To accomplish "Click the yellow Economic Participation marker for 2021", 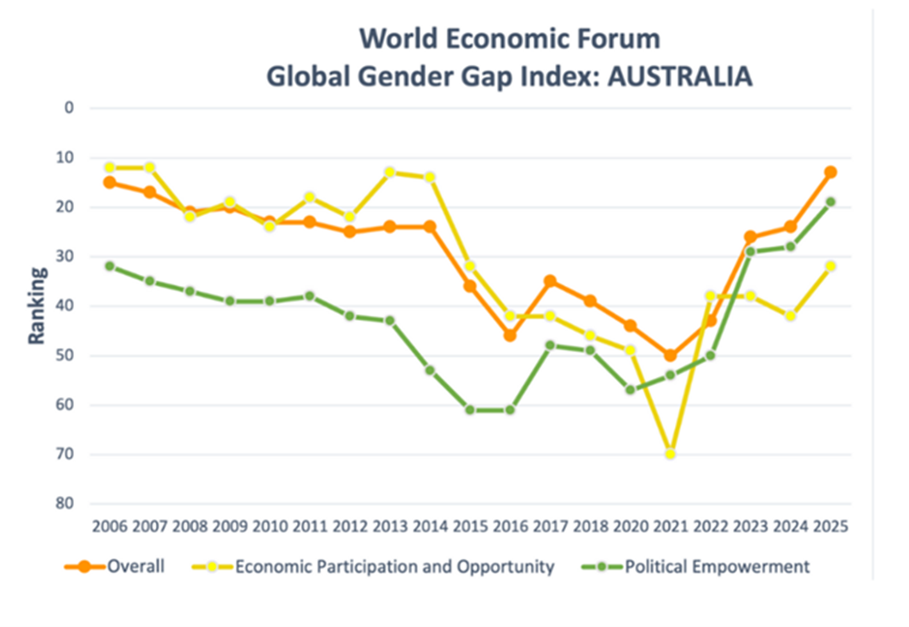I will [670, 453].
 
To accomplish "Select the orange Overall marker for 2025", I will [830, 172].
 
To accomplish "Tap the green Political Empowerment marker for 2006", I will [109, 265].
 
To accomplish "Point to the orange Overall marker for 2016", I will [510, 335].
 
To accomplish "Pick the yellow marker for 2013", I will [390, 172].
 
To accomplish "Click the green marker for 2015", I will [470, 409].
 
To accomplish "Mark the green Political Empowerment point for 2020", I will [630, 390].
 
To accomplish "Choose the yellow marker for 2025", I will [830, 265].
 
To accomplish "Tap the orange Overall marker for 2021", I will [670, 355].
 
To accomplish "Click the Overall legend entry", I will [116, 567].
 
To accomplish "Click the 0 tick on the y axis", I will [71, 108].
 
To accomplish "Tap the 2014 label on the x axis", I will [430, 527].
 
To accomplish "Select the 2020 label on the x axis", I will [630, 527].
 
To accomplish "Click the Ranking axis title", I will [37, 306].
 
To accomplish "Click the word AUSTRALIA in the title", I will [670, 77].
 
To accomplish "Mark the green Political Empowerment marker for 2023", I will [750, 251].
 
